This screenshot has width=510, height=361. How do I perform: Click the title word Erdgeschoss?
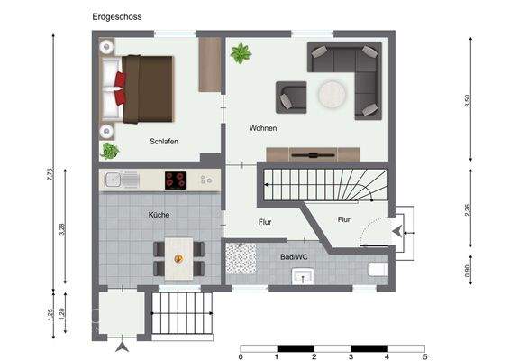pyautogui.click(x=116, y=16)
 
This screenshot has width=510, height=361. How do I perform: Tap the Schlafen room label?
pyautogui.click(x=164, y=142)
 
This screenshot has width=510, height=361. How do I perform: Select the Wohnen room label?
pyautogui.click(x=263, y=128)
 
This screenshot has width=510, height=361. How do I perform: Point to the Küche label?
pyautogui.click(x=159, y=215)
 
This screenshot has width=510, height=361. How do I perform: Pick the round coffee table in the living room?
pyautogui.click(x=330, y=94)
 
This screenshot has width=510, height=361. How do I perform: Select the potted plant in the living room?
pyautogui.click(x=241, y=54)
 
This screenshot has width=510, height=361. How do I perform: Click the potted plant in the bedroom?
pyautogui.click(x=110, y=151)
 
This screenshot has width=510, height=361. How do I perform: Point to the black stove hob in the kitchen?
pyautogui.click(x=176, y=180)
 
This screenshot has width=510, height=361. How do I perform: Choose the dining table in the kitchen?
pyautogui.click(x=178, y=257)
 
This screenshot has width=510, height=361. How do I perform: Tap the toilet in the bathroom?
pyautogui.click(x=378, y=270)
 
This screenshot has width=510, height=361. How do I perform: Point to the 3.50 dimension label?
pyautogui.click(x=467, y=101)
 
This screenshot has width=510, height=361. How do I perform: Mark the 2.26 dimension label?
pyautogui.click(x=467, y=209)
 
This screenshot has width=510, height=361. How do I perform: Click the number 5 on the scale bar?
pyautogui.click(x=423, y=356)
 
